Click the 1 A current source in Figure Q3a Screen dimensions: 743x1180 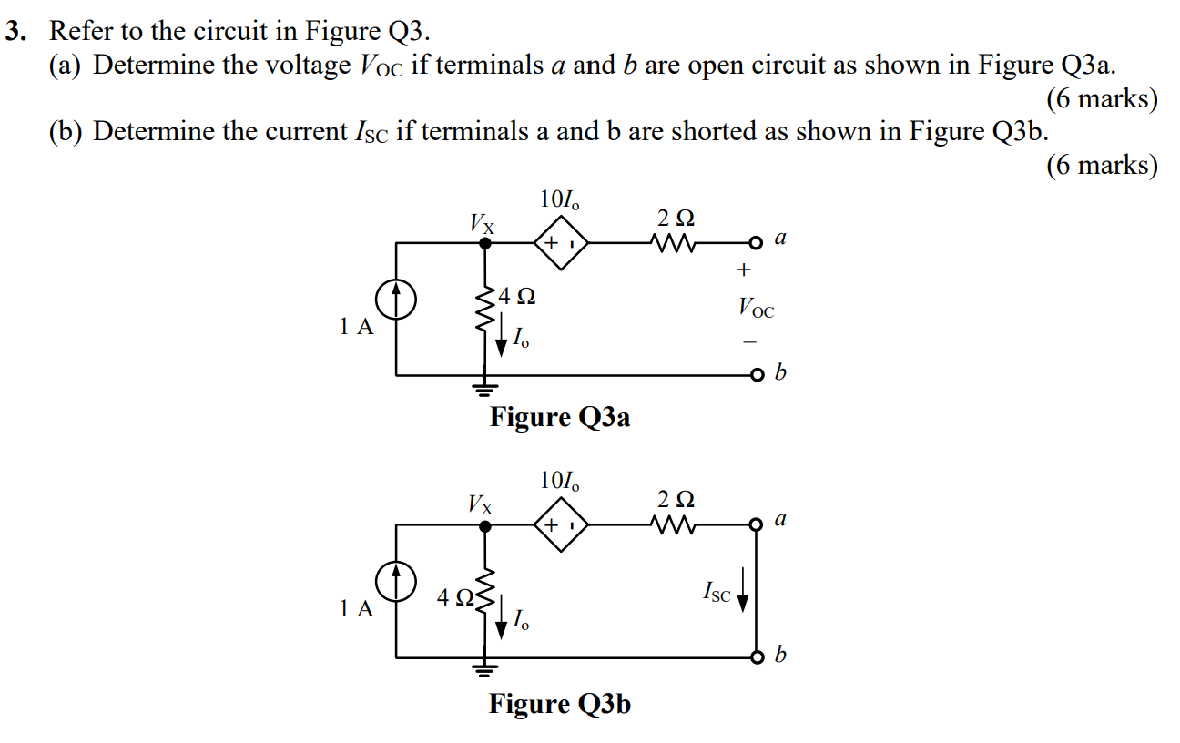point(396,299)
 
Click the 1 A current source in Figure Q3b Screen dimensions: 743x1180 point(396,582)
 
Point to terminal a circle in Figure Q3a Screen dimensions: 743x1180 point(755,243)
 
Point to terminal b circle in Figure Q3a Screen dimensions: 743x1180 point(755,374)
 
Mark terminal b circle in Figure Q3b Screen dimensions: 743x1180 point(755,656)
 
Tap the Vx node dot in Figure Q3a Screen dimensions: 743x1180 point(485,243)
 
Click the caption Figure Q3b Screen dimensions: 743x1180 point(560,704)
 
